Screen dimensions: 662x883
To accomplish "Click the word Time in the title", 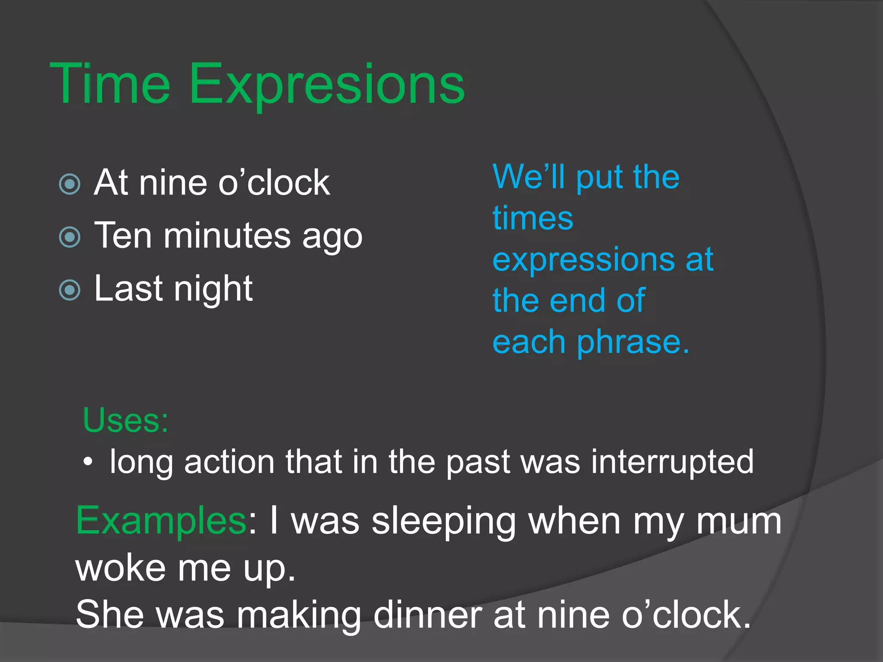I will (x=110, y=84).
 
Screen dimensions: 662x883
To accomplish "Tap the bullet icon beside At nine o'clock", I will (x=70, y=184).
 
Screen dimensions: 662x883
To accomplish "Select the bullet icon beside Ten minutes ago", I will (x=70, y=237).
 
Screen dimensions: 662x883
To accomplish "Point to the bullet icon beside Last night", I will (x=70, y=290).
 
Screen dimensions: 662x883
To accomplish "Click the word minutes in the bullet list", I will (x=227, y=236).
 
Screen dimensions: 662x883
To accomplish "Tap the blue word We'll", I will (x=529, y=177).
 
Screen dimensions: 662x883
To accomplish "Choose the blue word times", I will (x=533, y=218).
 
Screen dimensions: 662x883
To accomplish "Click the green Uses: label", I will (x=125, y=420).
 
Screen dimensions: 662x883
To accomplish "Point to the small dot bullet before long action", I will (x=88, y=462).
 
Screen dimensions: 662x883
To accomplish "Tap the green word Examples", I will (x=161, y=521).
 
